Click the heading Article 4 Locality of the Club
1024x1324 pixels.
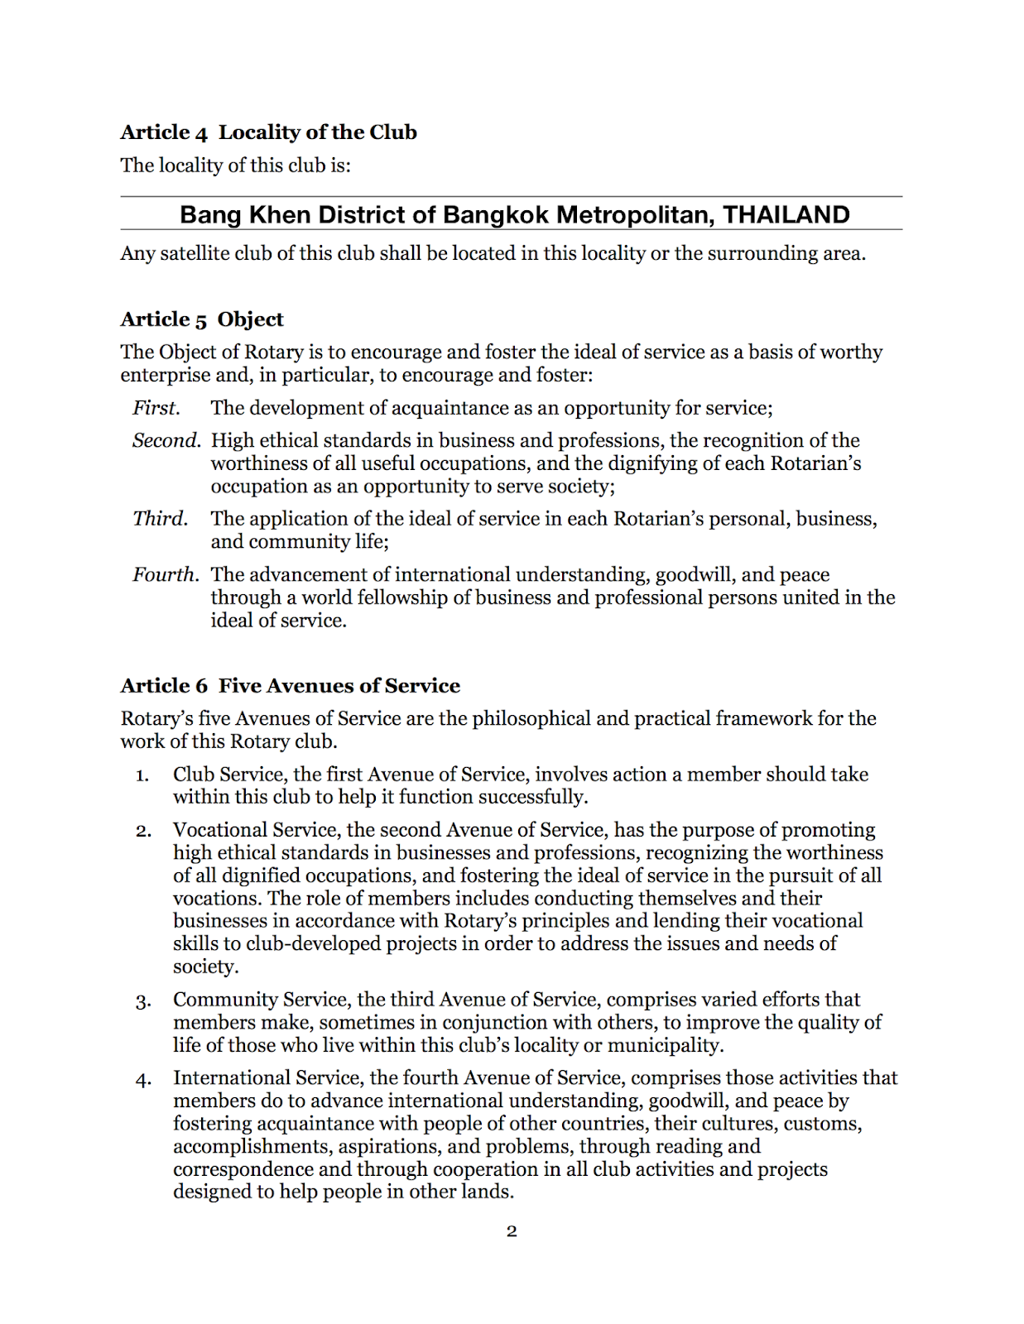(x=268, y=132)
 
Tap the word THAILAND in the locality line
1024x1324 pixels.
(x=786, y=215)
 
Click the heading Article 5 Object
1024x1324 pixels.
(x=201, y=319)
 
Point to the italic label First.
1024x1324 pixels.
(x=156, y=408)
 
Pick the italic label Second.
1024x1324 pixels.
(x=166, y=440)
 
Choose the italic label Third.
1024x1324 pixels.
(x=160, y=519)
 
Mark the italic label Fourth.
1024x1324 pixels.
(x=165, y=574)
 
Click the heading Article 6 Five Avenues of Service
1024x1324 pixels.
(x=290, y=686)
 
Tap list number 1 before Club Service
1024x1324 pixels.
(x=142, y=775)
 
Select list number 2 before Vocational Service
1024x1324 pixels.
(x=143, y=831)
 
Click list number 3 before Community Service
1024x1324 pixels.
(x=143, y=1001)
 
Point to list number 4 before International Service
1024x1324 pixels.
(x=143, y=1080)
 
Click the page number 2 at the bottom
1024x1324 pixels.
(x=512, y=1231)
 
